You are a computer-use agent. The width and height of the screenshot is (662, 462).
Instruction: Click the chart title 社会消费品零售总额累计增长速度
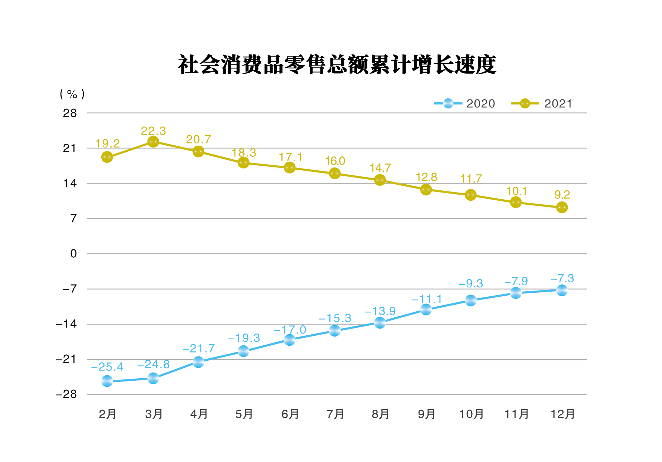pyautogui.click(x=337, y=65)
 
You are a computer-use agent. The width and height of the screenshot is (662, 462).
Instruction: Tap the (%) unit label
pyautogui.click(x=72, y=94)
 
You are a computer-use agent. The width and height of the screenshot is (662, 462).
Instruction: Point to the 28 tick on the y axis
pyautogui.click(x=70, y=113)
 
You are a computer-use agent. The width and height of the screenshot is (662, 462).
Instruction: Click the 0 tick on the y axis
pyautogui.click(x=73, y=254)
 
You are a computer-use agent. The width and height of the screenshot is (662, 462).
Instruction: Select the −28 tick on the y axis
pyautogui.click(x=67, y=394)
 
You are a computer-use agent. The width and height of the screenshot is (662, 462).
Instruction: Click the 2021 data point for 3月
pyautogui.click(x=153, y=142)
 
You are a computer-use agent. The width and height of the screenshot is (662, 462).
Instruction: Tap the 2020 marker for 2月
pyautogui.click(x=107, y=381)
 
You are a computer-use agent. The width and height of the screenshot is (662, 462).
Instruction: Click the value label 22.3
pyautogui.click(x=153, y=131)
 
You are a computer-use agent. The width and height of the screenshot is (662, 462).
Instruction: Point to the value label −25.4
pyautogui.click(x=107, y=367)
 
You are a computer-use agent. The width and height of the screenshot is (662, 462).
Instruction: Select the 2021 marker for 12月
pyautogui.click(x=562, y=208)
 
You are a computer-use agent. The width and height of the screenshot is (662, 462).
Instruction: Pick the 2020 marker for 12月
pyautogui.click(x=562, y=290)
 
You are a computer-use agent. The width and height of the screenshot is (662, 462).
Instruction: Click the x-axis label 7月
pyautogui.click(x=335, y=414)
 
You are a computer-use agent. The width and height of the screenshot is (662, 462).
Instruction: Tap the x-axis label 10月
pyautogui.click(x=471, y=414)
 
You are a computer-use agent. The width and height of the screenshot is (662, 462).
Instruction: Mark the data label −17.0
pyautogui.click(x=290, y=330)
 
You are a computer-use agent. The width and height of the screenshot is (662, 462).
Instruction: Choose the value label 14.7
pyautogui.click(x=380, y=168)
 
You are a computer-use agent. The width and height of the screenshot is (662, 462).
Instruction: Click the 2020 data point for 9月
pyautogui.click(x=426, y=310)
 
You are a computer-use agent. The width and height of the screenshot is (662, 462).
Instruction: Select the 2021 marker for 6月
pyautogui.click(x=290, y=167)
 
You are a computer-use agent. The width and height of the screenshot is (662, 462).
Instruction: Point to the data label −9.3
pyautogui.click(x=471, y=284)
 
